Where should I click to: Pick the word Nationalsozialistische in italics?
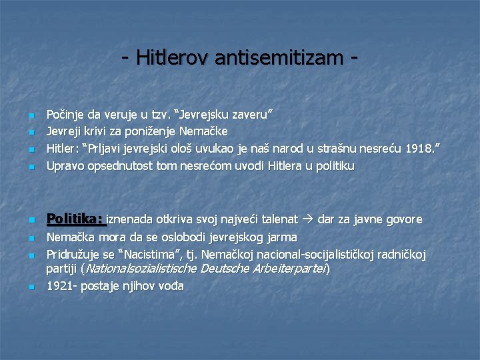(140, 269)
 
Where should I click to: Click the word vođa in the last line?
(169, 286)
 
